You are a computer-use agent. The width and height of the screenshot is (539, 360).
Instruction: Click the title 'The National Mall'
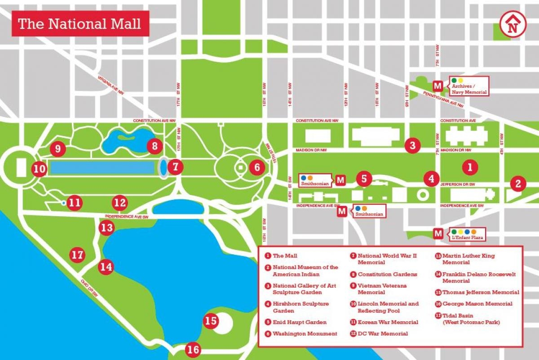point(80,24)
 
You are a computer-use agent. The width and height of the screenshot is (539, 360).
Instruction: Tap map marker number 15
point(211,321)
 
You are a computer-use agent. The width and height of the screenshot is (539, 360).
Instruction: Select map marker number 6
point(256,168)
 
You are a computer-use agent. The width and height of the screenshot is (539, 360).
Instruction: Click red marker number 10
point(40,169)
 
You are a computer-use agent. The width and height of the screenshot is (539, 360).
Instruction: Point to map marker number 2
point(518,183)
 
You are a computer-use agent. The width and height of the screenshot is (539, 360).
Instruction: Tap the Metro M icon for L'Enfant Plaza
point(437,233)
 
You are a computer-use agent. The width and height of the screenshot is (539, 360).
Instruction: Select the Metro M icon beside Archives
point(437,85)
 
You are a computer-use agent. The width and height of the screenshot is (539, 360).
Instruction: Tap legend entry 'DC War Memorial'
point(383,333)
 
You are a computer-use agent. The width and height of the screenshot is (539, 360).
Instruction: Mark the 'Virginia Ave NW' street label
point(110,85)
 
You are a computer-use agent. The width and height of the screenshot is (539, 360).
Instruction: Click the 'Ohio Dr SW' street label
point(90,287)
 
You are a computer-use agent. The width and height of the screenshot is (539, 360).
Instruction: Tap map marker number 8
point(154,146)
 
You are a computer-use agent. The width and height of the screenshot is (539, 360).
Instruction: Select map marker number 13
point(106,227)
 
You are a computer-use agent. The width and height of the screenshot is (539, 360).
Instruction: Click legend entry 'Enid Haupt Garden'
point(299,322)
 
